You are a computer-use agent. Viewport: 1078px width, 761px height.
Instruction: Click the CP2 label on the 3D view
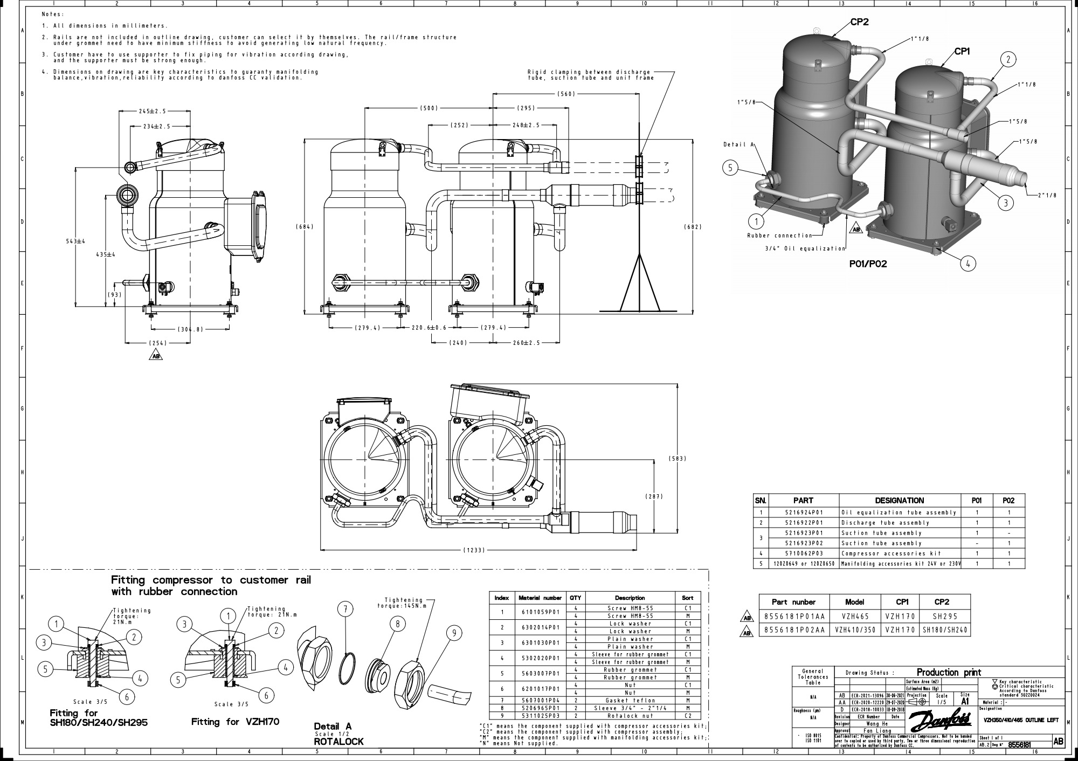(859, 22)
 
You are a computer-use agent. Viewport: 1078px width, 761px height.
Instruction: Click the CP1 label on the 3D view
(962, 52)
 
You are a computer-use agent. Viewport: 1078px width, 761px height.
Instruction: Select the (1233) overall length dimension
(474, 550)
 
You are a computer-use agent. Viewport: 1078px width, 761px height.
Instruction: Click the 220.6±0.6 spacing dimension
(429, 328)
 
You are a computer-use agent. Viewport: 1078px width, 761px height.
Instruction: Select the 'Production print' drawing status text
(949, 672)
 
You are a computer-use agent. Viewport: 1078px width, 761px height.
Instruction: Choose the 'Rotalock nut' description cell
(630, 716)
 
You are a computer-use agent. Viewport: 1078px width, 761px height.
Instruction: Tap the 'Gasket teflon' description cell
(630, 701)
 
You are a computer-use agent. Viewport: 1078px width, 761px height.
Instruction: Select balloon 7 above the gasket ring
(345, 610)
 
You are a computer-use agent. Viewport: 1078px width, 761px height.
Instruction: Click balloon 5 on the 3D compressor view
(730, 168)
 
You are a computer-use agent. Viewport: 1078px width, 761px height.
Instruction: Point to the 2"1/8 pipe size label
(1046, 195)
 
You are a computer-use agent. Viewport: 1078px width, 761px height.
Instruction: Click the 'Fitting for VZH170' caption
(235, 722)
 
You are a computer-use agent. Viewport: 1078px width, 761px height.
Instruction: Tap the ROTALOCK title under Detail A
(338, 742)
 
